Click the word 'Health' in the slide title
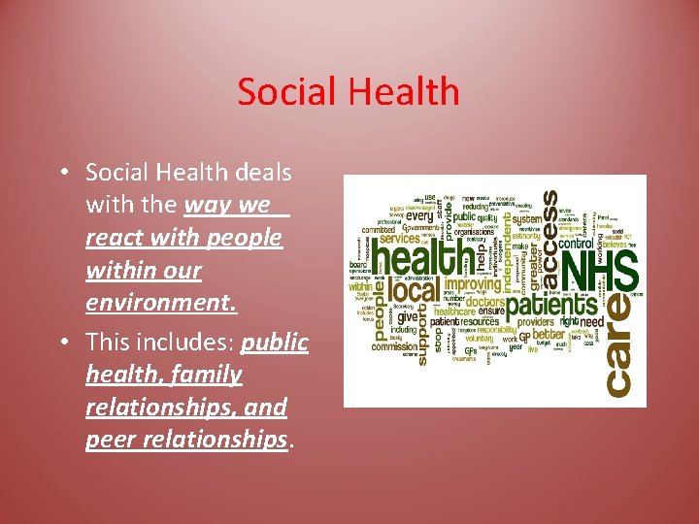click(400, 92)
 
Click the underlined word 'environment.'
click(161, 303)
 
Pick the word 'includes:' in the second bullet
click(189, 343)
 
